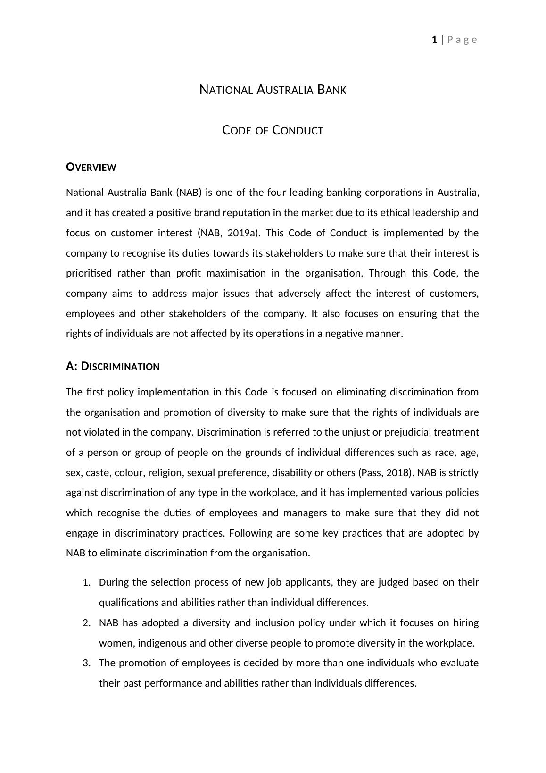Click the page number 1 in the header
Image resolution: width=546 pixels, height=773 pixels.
tap(434, 40)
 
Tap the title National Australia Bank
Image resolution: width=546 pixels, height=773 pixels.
tap(273, 90)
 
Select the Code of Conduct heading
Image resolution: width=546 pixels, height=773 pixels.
tap(273, 130)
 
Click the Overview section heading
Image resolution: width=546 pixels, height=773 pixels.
tap(91, 167)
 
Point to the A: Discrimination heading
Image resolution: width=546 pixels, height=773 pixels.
tap(113, 366)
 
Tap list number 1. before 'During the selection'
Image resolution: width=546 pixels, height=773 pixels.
tap(86, 582)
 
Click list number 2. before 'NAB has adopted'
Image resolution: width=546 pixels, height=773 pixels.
tap(86, 623)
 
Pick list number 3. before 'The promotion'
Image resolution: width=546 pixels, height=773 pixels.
tap(86, 663)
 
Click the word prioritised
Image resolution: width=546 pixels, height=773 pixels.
tap(89, 273)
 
